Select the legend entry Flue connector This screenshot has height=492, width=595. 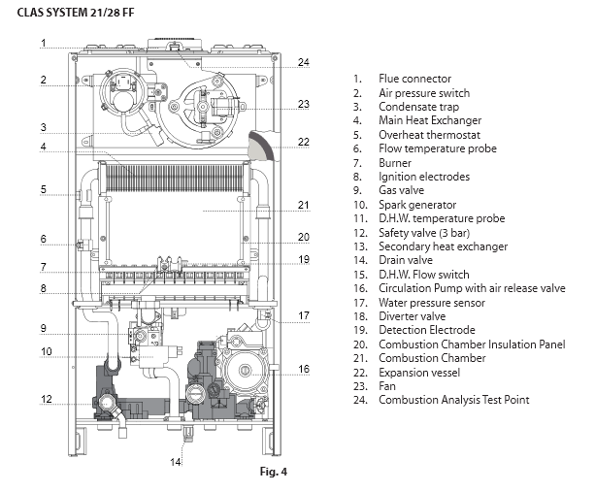pyautogui.click(x=414, y=79)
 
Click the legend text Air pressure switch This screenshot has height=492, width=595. pyautogui.click(x=424, y=93)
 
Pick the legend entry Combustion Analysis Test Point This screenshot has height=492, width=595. pyautogui.click(x=452, y=401)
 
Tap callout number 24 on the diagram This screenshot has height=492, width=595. pyautogui.click(x=304, y=62)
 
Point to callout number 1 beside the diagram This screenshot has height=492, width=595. pyautogui.click(x=44, y=43)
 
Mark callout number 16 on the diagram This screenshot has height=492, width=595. pyautogui.click(x=304, y=369)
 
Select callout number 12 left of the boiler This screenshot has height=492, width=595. pyautogui.click(x=44, y=400)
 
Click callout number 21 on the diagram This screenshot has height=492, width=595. pyautogui.click(x=304, y=206)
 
